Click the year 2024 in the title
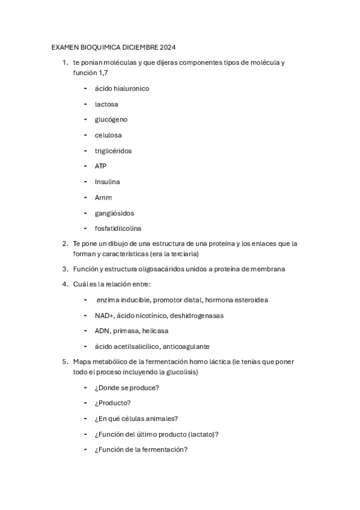tap(166, 47)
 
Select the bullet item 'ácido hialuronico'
tap(122, 88)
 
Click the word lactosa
tap(106, 104)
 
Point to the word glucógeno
tap(111, 120)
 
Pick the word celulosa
tap(108, 135)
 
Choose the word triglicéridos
tap(113, 151)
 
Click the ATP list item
tap(100, 166)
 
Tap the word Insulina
tap(107, 182)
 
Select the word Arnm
tap(103, 197)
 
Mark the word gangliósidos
tap(114, 213)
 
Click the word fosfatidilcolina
tap(118, 229)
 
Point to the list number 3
tap(64, 269)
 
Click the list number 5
tap(64, 362)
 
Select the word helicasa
tap(155, 331)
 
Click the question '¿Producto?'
tap(113, 403)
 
